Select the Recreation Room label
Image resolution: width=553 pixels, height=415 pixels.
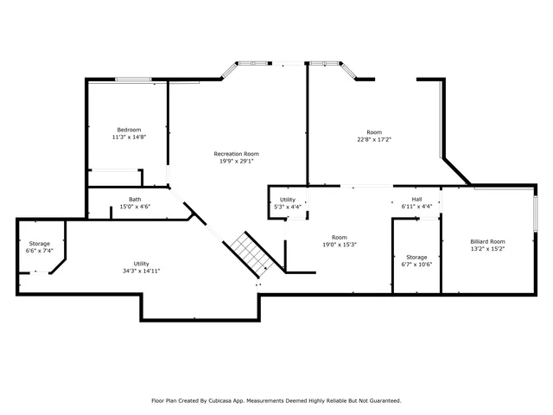236,154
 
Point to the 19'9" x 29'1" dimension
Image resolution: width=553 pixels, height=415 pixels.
236,162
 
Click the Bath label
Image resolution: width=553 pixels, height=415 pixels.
135,199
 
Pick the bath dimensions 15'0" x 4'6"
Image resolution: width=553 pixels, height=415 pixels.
135,207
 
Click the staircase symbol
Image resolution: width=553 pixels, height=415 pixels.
251,253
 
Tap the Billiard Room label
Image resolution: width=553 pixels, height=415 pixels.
487,241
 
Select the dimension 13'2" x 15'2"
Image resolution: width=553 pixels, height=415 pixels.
487,249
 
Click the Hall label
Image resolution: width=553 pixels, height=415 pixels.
416,199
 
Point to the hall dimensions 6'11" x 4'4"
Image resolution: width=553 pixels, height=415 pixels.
416,207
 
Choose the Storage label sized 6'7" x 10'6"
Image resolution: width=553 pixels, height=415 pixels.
416,257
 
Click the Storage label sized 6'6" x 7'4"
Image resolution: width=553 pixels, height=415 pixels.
39,244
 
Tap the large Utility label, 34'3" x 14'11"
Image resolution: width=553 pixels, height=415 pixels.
141,263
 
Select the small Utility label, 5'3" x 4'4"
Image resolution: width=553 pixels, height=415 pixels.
287,200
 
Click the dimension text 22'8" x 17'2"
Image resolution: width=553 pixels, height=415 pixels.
374,139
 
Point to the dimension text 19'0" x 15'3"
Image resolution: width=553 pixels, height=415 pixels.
340,245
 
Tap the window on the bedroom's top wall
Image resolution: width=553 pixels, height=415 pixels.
134,80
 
